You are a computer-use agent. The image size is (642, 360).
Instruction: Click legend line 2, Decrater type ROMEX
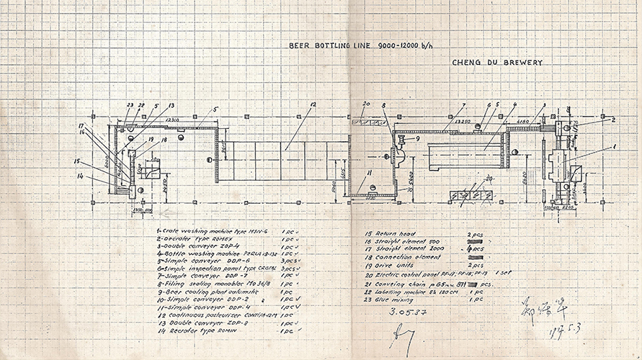[189, 241]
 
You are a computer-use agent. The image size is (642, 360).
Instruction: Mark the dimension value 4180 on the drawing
[522, 122]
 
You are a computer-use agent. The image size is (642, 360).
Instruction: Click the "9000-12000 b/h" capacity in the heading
[406, 46]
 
